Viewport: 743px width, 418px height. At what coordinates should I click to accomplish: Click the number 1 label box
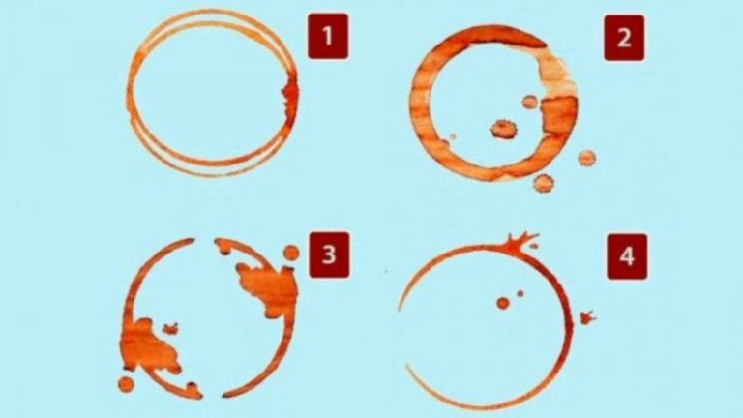coord(328,37)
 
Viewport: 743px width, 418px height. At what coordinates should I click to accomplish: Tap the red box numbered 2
coord(624,38)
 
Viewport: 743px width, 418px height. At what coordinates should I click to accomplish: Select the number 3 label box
coord(329,255)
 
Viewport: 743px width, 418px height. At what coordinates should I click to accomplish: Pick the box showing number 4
coord(627,256)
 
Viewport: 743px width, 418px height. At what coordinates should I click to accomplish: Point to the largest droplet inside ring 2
coord(503,129)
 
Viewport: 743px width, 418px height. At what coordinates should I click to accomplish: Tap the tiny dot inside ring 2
coord(453,137)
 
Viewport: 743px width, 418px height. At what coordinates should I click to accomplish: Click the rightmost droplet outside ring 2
coord(586,158)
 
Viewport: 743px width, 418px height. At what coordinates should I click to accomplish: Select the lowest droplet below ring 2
coord(544,183)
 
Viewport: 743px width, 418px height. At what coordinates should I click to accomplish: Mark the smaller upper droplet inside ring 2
coord(530,102)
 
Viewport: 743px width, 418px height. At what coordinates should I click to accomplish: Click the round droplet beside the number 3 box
coord(291,254)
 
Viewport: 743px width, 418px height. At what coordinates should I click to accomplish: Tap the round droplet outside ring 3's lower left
coord(126,384)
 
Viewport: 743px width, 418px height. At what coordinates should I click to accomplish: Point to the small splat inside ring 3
coord(170,328)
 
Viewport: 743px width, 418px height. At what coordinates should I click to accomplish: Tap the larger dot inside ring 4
coord(503,303)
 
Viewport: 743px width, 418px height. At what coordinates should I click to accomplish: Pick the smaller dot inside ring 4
coord(520,294)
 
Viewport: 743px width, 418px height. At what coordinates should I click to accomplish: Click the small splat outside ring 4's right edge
coord(587,317)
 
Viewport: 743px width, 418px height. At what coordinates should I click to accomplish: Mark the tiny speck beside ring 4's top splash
coord(534,246)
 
